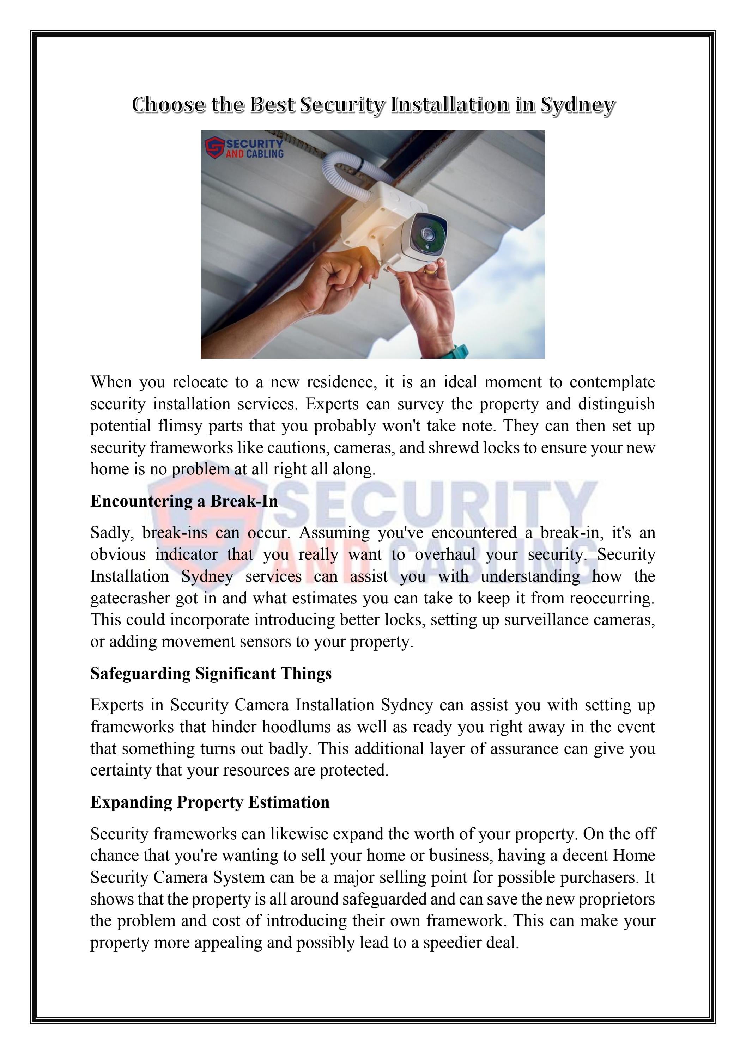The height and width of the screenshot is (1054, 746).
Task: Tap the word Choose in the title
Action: point(168,105)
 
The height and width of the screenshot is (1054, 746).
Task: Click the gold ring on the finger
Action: point(430,271)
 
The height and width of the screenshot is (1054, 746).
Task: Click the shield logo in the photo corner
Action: point(214,147)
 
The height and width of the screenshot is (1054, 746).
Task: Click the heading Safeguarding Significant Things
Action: point(211,673)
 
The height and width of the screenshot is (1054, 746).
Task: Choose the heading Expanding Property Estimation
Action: point(210,802)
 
